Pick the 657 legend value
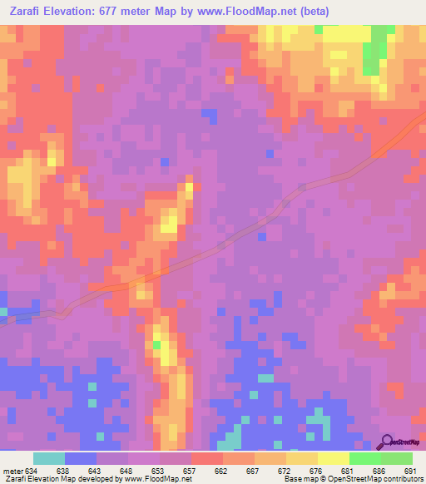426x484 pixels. pyautogui.click(x=190, y=471)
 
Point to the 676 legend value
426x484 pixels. pyautogui.click(x=316, y=471)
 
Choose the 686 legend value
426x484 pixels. pyautogui.click(x=379, y=471)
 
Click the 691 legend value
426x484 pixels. pyautogui.click(x=409, y=471)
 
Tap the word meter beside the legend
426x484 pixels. pyautogui.click(x=12, y=471)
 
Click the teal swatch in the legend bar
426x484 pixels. pyautogui.click(x=49, y=458)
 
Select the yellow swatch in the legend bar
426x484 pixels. pyautogui.click(x=333, y=458)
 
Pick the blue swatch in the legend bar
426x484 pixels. pyautogui.click(x=81, y=458)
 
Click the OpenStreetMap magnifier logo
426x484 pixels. pyautogui.click(x=386, y=442)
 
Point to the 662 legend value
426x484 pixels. pyautogui.click(x=221, y=471)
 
